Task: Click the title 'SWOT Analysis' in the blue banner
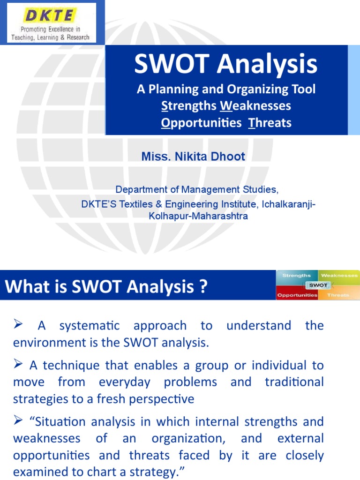[x=226, y=64]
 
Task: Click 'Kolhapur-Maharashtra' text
[x=198, y=217]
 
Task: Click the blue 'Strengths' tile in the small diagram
[x=297, y=276]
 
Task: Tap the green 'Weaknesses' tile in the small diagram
[x=339, y=276]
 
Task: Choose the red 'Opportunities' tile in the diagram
[x=297, y=295]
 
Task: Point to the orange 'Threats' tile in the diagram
[x=338, y=295]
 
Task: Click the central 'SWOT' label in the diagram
[x=318, y=285]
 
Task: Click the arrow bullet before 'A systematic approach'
[x=19, y=324]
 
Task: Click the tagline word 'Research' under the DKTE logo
[x=75, y=37]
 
